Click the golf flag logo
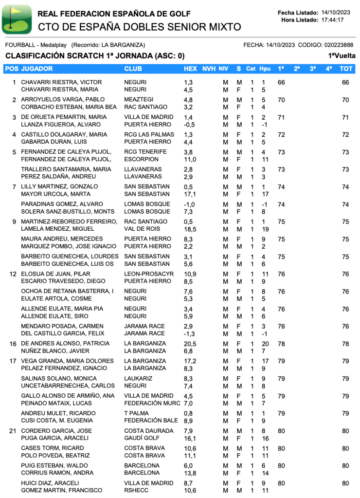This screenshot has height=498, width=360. [17, 19]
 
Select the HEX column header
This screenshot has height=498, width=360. [190, 69]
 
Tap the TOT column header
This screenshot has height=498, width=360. [346, 69]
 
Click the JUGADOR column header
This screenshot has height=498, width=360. [37, 69]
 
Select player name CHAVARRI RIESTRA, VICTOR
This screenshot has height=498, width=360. [61, 82]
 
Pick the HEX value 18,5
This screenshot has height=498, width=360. [190, 229]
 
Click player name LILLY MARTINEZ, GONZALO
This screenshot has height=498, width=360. [59, 187]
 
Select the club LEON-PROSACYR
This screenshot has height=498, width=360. [148, 274]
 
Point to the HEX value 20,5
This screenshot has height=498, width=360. [190, 344]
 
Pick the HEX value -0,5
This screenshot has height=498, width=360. [189, 125]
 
